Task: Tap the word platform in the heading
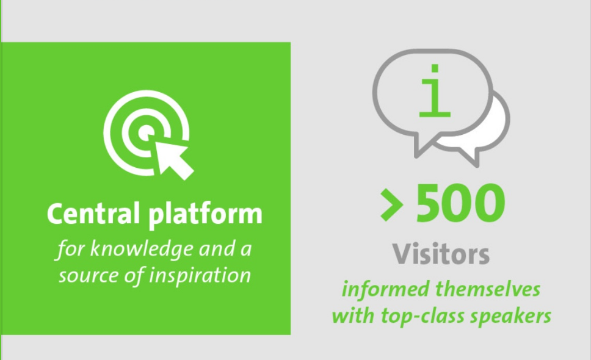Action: (205, 215)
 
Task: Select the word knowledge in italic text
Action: (142, 250)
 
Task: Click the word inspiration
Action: (200, 276)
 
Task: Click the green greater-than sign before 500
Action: (391, 205)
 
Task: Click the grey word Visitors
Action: (441, 254)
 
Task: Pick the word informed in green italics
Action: (386, 290)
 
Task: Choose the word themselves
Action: (488, 290)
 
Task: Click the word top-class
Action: (422, 316)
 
